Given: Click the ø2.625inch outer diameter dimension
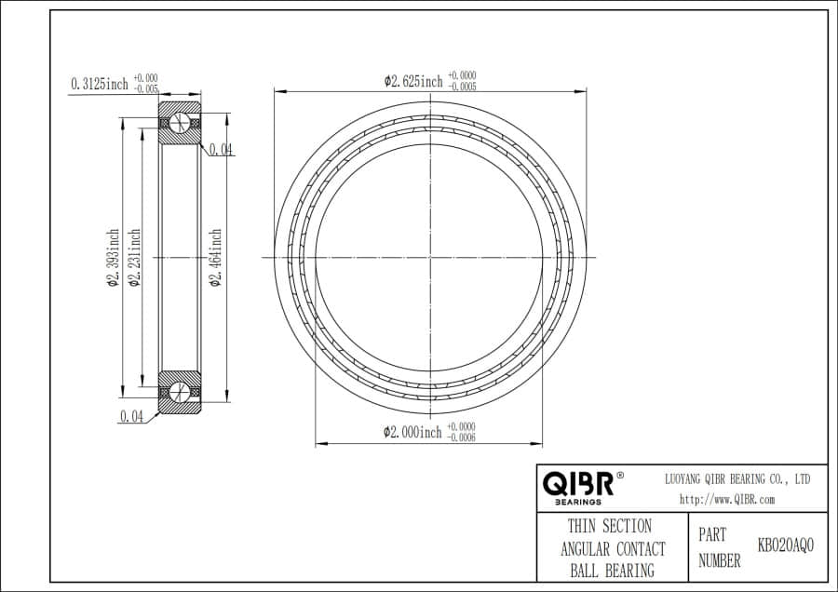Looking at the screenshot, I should [413, 81].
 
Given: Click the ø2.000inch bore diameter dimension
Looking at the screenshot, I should [412, 432].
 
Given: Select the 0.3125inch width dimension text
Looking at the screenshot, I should [100, 84].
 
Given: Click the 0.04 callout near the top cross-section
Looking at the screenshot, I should [221, 149].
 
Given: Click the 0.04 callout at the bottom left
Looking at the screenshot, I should [131, 417].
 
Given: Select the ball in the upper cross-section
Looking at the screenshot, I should [181, 124].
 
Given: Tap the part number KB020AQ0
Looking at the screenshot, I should [785, 545].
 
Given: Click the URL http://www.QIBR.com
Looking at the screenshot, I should [727, 499].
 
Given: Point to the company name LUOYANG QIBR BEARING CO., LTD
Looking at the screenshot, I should [736, 478].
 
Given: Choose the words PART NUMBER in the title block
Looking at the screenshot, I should [719, 548].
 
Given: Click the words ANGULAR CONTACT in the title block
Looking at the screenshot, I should [612, 549].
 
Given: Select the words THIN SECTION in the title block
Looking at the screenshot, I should [610, 527].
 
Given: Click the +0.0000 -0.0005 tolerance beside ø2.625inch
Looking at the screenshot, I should [464, 81].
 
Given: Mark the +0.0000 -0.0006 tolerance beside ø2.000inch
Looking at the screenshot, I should [462, 432].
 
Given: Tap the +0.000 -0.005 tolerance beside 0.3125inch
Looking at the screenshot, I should [146, 84].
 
